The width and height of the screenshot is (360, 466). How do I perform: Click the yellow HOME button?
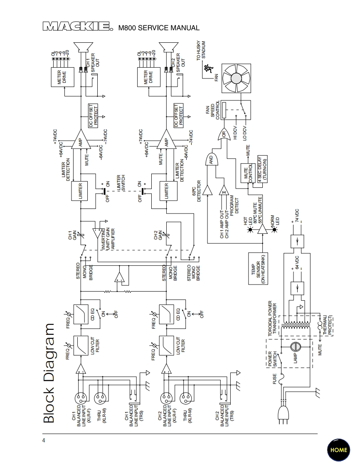338,450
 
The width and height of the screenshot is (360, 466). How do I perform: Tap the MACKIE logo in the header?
77,27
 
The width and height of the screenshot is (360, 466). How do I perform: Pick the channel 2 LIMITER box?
166,191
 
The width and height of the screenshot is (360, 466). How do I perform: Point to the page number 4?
44,440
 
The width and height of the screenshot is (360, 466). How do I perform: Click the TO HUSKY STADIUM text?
201,51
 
